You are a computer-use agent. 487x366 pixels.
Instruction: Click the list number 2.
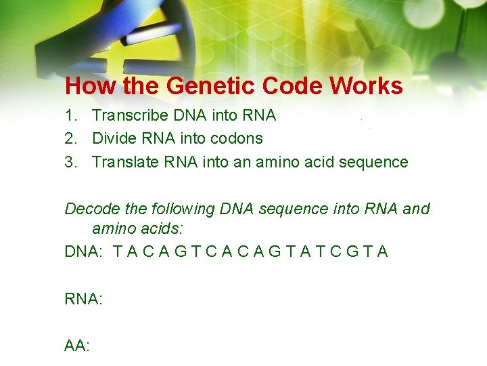point(70,139)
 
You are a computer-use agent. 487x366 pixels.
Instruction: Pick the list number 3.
point(70,163)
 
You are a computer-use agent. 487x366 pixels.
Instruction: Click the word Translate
point(124,163)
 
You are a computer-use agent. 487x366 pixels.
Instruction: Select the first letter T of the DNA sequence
point(118,252)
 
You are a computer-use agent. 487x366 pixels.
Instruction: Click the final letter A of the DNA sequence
point(383,252)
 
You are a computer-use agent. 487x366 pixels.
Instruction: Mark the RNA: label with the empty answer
point(83,299)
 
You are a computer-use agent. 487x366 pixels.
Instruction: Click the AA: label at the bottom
point(77,346)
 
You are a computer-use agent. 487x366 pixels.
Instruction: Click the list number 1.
point(70,116)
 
